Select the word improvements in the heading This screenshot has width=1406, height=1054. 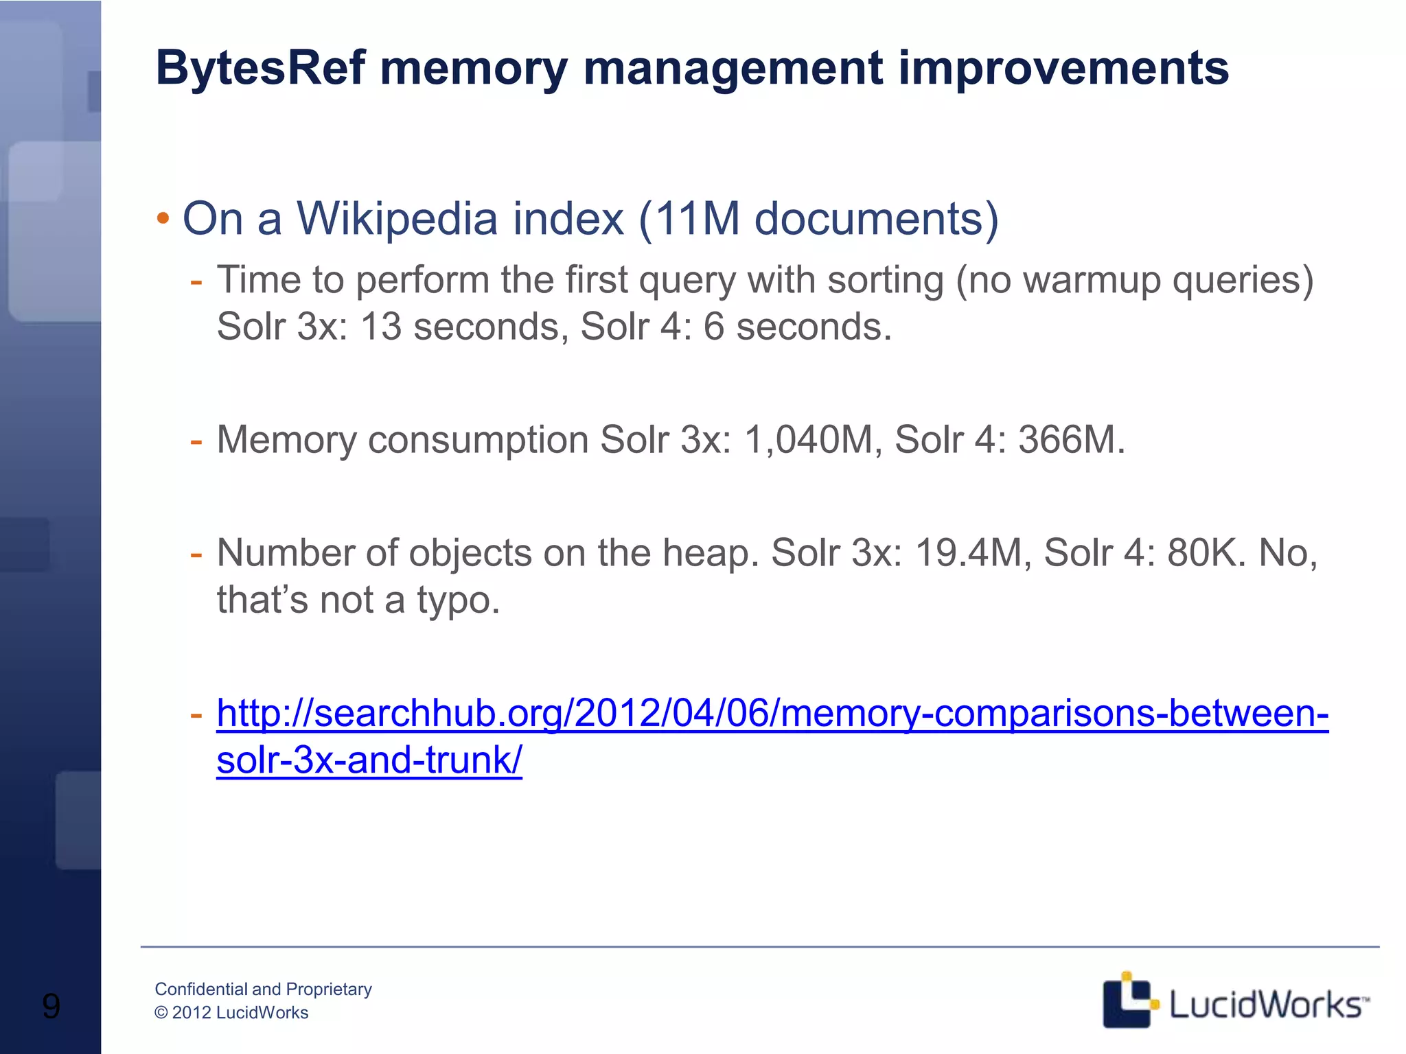[x=1063, y=69]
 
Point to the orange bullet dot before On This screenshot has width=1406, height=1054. [x=163, y=220]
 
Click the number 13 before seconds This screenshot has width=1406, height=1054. [x=381, y=327]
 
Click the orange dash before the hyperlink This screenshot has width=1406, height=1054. [x=196, y=714]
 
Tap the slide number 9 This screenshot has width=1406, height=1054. [x=51, y=1006]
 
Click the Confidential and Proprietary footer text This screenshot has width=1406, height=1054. [x=263, y=989]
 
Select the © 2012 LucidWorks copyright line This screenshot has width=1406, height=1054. [x=231, y=1013]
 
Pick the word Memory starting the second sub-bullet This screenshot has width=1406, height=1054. [x=286, y=440]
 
